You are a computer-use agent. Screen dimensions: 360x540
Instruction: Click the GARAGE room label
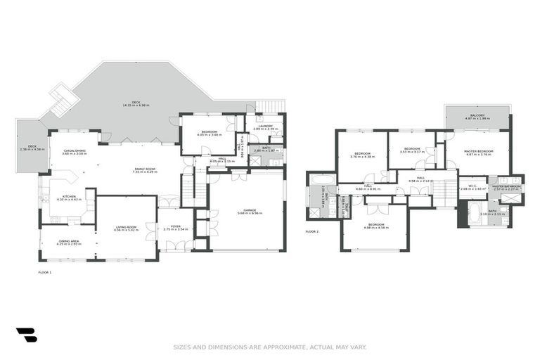click(250, 210)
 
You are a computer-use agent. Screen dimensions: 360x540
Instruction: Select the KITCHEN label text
click(69, 197)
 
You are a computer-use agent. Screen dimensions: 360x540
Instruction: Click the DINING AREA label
click(70, 241)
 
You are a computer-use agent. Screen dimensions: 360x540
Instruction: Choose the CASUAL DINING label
click(75, 150)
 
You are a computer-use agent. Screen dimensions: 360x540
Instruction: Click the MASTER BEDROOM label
click(477, 151)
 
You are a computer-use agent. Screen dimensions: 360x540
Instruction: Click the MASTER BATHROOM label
click(506, 186)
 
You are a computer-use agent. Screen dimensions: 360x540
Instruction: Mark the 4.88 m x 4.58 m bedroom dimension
click(375, 228)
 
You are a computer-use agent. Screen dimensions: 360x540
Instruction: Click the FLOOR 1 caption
click(44, 271)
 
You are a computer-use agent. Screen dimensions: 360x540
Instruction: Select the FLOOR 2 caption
click(312, 231)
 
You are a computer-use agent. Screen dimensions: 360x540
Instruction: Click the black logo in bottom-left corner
click(26, 335)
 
